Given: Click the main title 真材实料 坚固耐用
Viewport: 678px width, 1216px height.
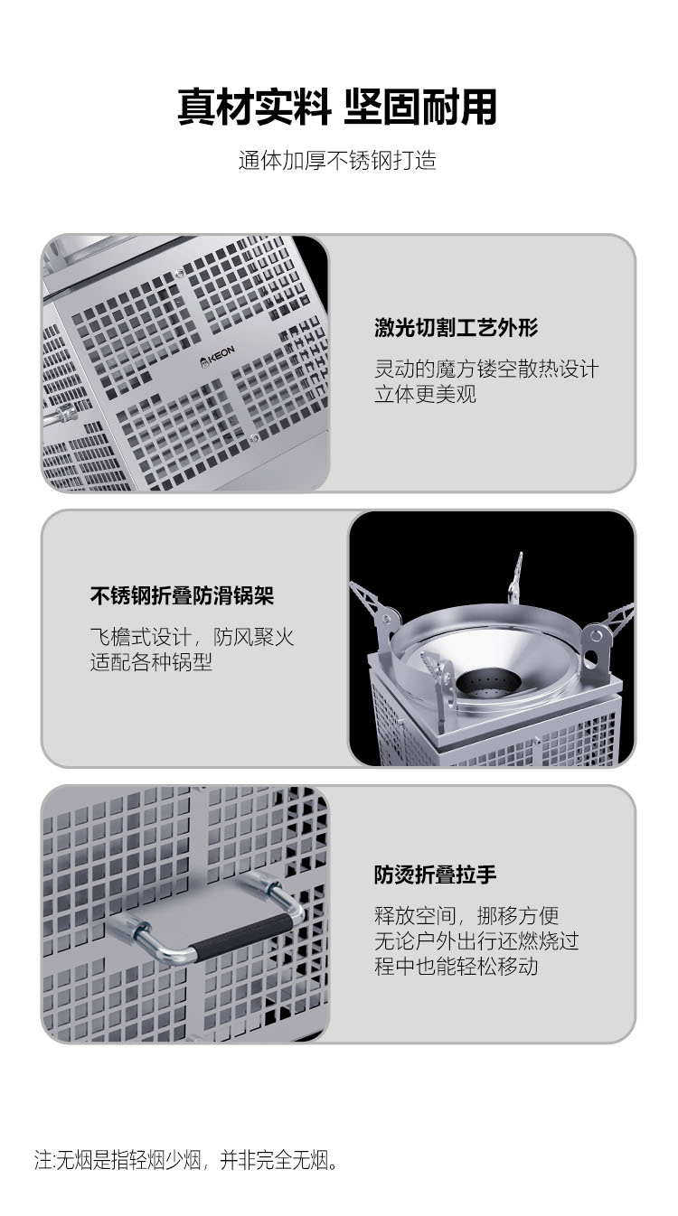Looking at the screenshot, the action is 337,107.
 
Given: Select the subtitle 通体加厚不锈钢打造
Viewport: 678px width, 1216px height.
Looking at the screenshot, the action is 337,161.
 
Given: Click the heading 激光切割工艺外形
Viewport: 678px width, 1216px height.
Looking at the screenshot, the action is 457,328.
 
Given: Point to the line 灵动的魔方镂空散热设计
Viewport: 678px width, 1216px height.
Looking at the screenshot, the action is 486,369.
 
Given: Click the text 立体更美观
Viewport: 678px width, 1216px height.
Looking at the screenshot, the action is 425,394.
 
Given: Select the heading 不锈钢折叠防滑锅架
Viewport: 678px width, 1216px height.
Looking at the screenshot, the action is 182,595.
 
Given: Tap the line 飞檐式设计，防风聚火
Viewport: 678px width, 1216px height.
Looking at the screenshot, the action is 192,637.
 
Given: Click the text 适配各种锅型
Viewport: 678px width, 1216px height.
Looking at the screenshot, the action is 151,661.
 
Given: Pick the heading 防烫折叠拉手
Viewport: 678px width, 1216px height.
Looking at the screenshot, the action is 435,874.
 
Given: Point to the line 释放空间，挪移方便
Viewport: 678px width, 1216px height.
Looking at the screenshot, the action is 466,915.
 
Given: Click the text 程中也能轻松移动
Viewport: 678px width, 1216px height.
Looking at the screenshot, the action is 456,966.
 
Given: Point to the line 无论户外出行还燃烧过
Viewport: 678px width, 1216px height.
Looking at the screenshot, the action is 476,940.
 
